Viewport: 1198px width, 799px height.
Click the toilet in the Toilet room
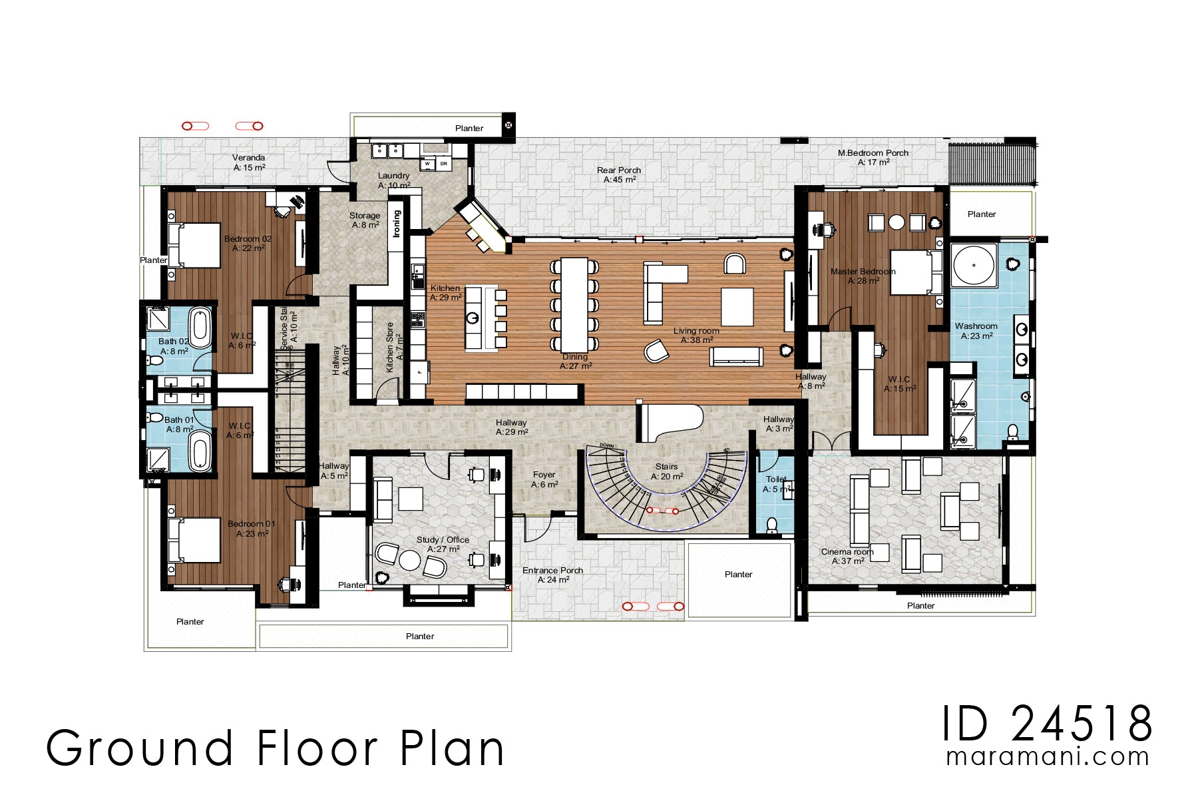772,525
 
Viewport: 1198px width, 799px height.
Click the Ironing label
397,224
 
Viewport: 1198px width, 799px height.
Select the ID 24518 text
1047,724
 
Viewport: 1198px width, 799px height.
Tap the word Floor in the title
317,748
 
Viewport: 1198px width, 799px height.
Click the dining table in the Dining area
574,304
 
